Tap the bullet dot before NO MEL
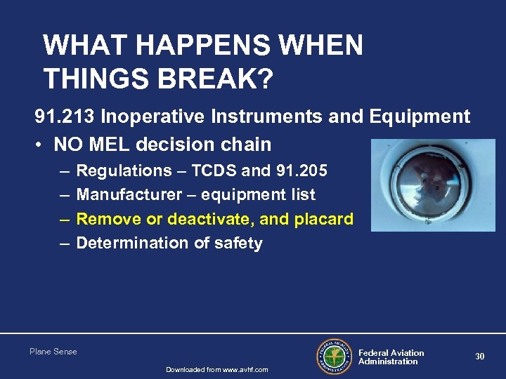[41, 145]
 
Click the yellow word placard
[325, 219]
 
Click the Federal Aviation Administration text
[391, 357]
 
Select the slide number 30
[479, 357]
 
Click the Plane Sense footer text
[53, 352]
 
